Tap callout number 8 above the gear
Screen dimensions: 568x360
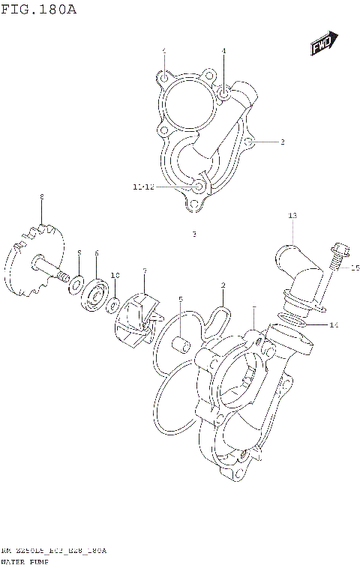pyautogui.click(x=42, y=197)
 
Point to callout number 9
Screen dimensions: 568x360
pyautogui.click(x=79, y=253)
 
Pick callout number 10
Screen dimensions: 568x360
pyautogui.click(x=115, y=276)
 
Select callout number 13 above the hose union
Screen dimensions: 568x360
pyautogui.click(x=292, y=216)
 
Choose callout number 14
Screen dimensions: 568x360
pyautogui.click(x=334, y=325)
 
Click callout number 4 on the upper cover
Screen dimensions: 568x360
pyautogui.click(x=223, y=51)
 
